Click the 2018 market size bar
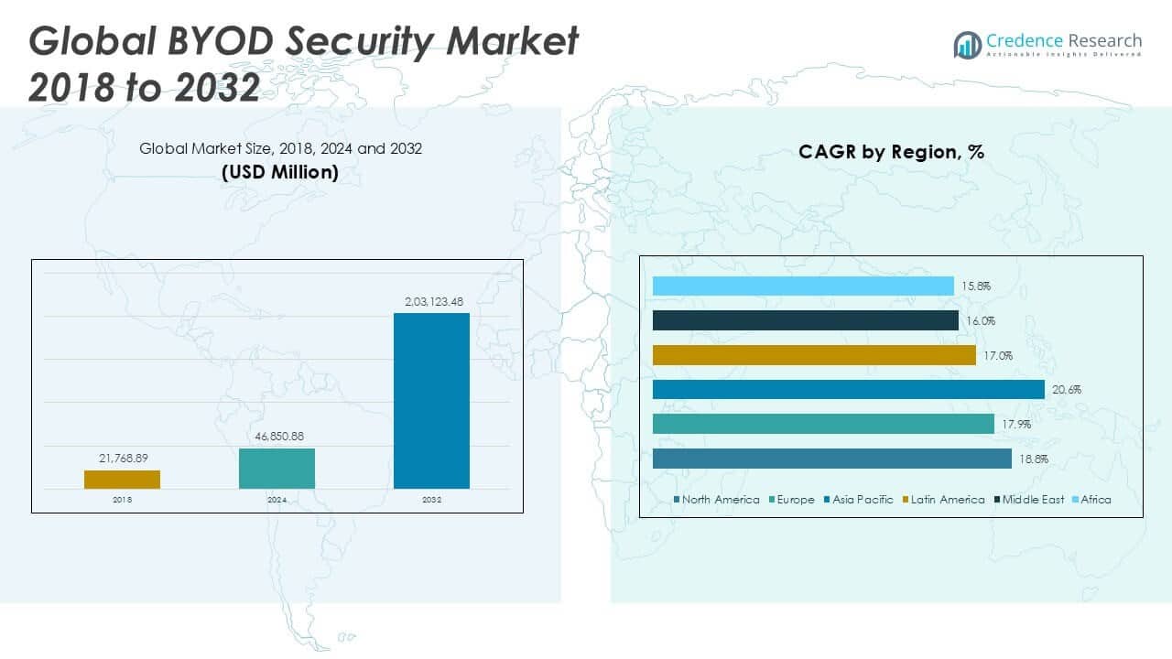coord(122,480)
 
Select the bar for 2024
coord(277,468)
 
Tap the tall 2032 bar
coord(431,401)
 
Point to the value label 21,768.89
coord(123,457)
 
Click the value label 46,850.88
coord(277,436)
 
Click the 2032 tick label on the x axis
coord(431,500)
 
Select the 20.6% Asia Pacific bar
coord(848,389)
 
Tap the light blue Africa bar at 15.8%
coord(803,286)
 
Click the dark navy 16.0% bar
coord(806,320)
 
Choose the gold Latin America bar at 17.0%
coord(814,355)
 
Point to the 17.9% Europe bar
coord(823,424)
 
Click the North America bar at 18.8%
coord(831,459)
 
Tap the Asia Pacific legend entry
coord(858,500)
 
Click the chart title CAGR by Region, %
coord(891,152)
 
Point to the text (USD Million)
coord(280,172)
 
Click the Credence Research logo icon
coord(968,44)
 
